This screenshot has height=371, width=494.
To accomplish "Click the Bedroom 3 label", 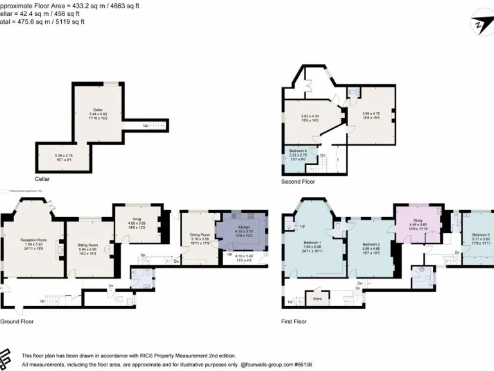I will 480,235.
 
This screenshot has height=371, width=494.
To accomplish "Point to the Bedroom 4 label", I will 297,151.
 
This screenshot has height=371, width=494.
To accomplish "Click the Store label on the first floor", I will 317,298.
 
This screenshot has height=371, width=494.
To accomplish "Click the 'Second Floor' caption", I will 298,182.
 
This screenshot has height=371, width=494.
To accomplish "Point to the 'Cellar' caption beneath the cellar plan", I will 43,178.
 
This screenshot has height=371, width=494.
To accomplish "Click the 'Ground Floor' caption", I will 15,321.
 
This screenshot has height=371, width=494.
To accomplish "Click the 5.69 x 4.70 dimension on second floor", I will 371,113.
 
